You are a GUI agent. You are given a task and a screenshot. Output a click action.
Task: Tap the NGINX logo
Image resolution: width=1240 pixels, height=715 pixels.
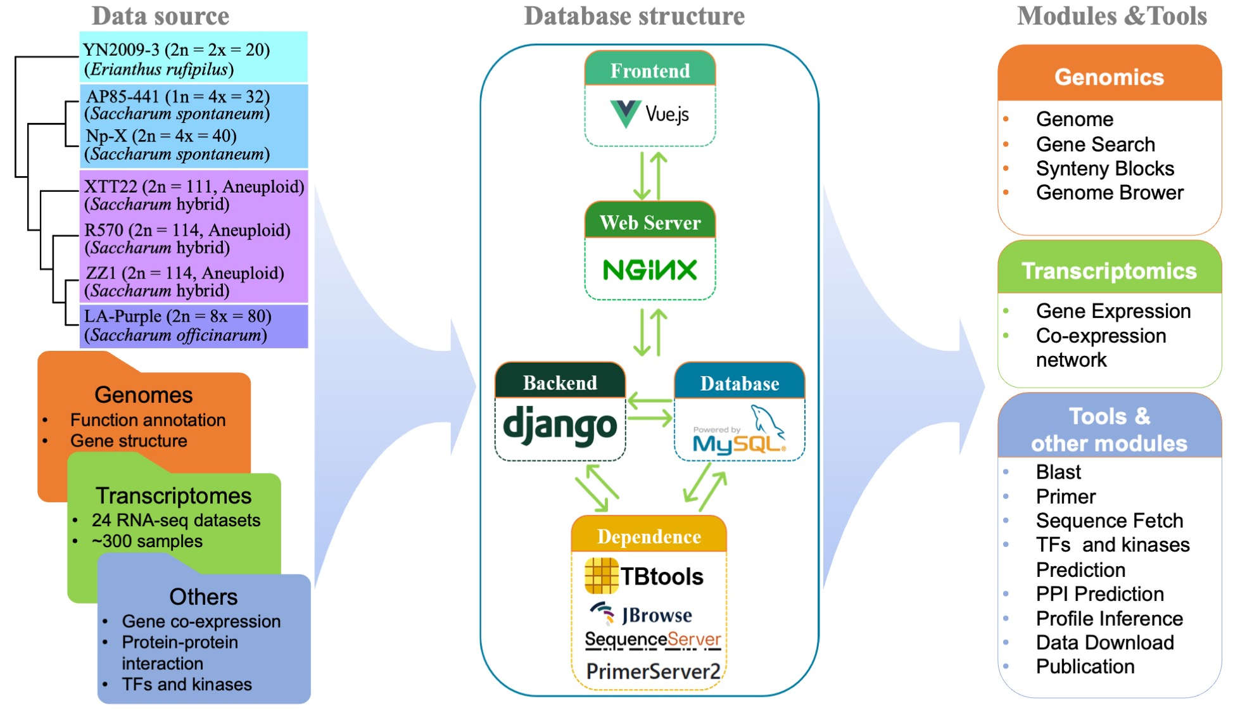click(x=650, y=270)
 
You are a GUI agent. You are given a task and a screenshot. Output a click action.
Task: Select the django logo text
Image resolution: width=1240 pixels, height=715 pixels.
click(x=560, y=426)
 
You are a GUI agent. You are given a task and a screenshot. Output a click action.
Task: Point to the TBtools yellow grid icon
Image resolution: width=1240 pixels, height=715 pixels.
click(x=601, y=576)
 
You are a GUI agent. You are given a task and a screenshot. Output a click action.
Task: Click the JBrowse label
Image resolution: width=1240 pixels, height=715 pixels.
click(x=641, y=615)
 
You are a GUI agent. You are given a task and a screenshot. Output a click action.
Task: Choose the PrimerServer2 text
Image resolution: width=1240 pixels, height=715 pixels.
click(x=653, y=671)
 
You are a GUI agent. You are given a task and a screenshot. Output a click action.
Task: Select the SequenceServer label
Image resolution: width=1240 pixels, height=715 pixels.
click(x=652, y=640)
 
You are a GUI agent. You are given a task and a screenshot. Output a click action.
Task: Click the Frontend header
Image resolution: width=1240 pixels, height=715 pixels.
click(x=650, y=70)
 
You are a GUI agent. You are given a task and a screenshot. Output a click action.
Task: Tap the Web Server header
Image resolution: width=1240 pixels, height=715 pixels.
click(x=650, y=222)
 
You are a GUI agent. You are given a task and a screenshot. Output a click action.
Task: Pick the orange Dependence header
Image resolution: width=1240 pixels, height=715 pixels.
click(x=649, y=536)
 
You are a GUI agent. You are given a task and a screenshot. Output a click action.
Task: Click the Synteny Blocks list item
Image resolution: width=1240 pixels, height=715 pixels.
click(x=1104, y=168)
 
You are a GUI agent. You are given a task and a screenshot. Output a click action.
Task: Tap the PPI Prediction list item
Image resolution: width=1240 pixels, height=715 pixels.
click(x=1099, y=594)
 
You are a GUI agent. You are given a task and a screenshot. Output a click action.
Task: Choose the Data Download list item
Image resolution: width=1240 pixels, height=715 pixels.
click(x=1104, y=642)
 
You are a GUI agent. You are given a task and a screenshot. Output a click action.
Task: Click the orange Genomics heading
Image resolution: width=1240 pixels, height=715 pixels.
click(x=1109, y=77)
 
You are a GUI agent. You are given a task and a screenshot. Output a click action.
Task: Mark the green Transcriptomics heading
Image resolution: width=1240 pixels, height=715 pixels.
click(x=1109, y=271)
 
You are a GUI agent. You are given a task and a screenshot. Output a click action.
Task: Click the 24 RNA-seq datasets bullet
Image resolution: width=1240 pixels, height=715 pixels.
click(x=175, y=520)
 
